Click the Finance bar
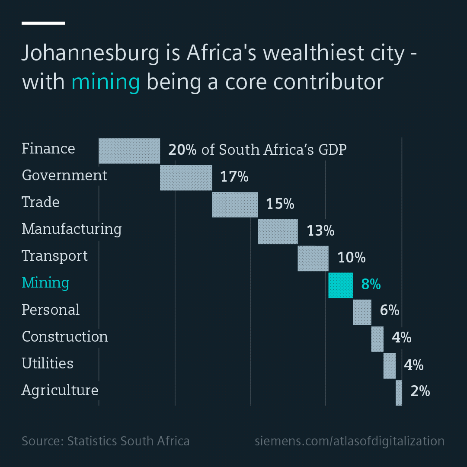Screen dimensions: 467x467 [x=129, y=151]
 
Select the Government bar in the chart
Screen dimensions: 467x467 [x=186, y=178]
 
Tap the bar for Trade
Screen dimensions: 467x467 [x=235, y=205]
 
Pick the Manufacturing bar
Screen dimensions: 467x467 [x=278, y=231]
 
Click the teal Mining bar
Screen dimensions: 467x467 [x=340, y=285]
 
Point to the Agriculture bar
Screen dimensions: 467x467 [x=399, y=393]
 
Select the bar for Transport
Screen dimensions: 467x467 [x=313, y=258]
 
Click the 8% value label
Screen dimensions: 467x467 [x=371, y=285]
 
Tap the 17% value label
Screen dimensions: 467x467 [x=234, y=177]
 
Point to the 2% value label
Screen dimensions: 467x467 [x=420, y=391]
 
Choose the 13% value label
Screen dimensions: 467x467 [x=320, y=230]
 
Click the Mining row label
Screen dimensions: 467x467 [x=45, y=283]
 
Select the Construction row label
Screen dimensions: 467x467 [x=65, y=336]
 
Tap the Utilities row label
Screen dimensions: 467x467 [x=48, y=363]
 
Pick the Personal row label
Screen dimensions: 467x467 [x=51, y=310]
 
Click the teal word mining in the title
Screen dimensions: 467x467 [x=106, y=82]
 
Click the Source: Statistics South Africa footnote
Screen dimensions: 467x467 [x=106, y=441]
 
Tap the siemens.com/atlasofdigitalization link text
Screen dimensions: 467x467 [x=349, y=441]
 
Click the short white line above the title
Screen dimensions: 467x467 [x=43, y=23]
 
